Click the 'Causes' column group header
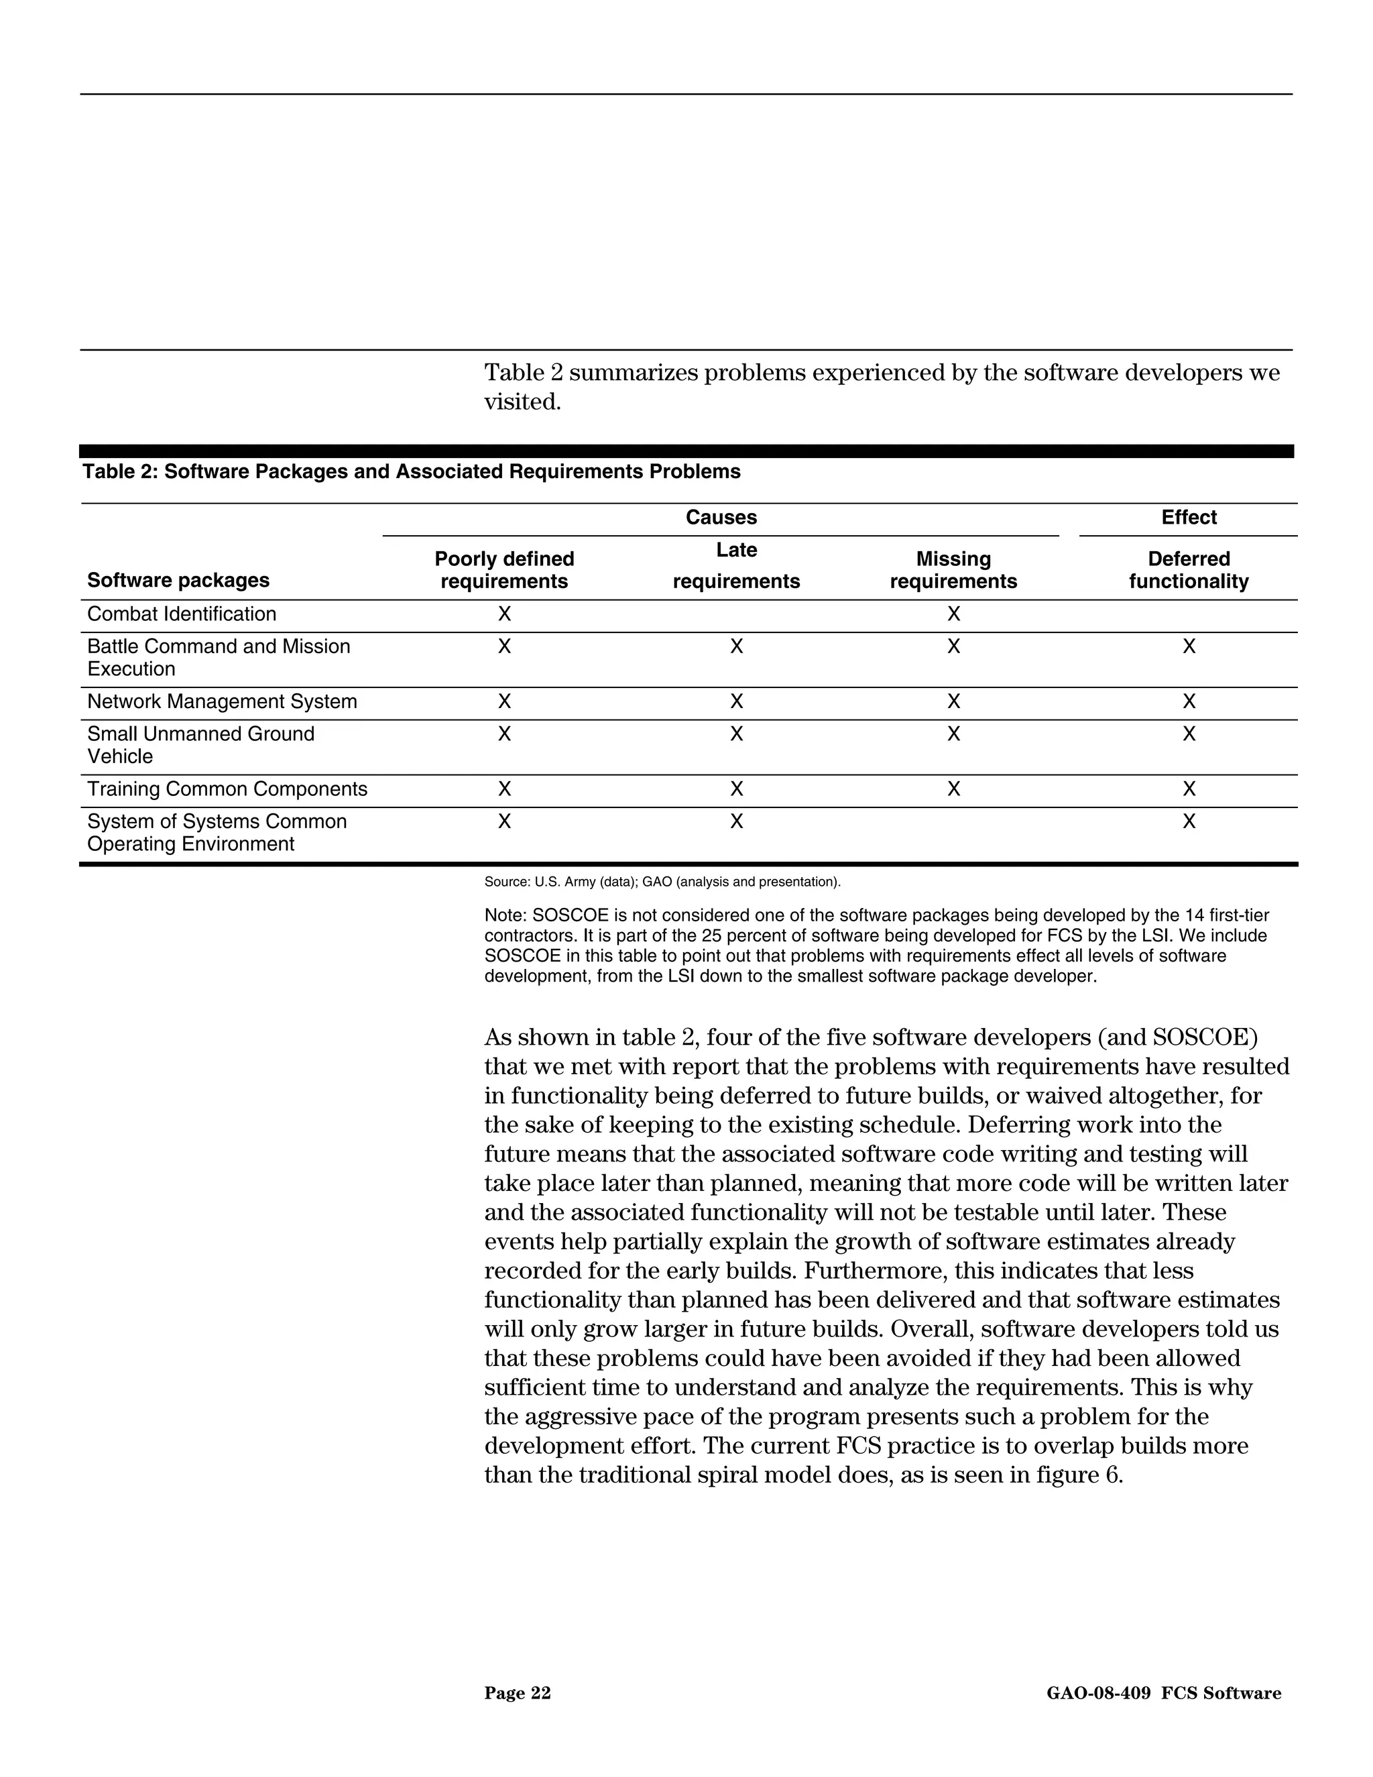[721, 518]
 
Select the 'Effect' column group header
[1189, 518]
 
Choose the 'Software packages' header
[178, 580]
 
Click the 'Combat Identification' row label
[182, 614]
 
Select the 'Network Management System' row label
[222, 701]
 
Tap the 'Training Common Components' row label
[227, 789]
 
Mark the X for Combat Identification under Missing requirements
[953, 614]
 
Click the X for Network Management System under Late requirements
[736, 701]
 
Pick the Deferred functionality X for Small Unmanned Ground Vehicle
[1189, 734]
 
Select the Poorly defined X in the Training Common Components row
[504, 789]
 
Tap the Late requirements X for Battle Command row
[736, 647]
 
